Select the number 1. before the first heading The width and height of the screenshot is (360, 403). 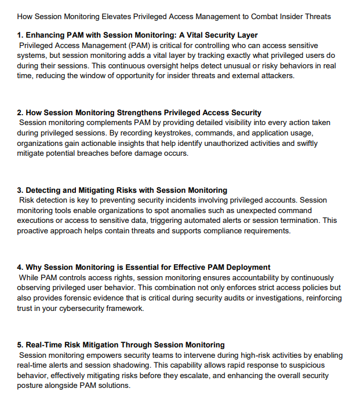tap(20, 35)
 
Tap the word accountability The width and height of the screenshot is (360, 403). tap(250, 277)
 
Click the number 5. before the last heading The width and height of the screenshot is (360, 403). tap(20, 345)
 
